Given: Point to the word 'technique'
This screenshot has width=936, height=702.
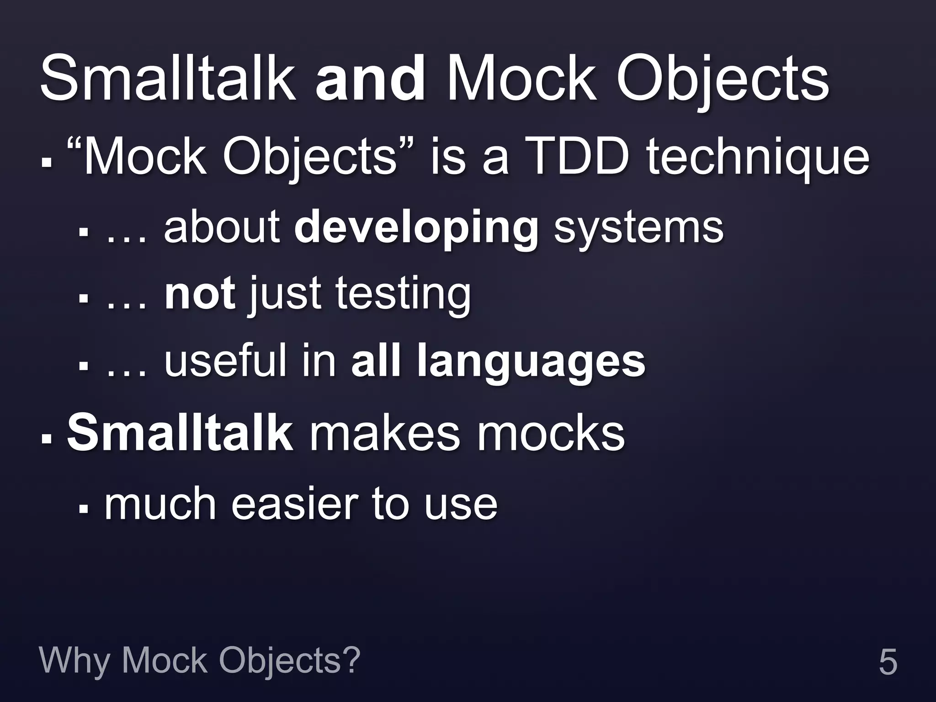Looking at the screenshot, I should (x=757, y=158).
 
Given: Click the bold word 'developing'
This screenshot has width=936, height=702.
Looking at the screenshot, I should (x=416, y=228).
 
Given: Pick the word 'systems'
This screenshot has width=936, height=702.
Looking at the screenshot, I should (x=638, y=228).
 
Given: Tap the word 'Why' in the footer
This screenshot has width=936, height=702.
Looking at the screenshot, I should (x=74, y=661).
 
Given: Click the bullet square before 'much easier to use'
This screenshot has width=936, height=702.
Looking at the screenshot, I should (x=83, y=508).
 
